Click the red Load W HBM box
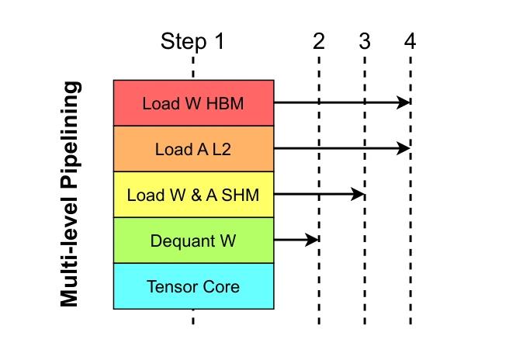pyautogui.click(x=193, y=103)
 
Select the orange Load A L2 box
pyautogui.click(x=193, y=149)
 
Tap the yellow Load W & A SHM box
pyautogui.click(x=193, y=195)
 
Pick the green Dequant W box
pyautogui.click(x=193, y=241)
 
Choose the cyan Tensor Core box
pyautogui.click(x=193, y=286)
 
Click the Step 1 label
pyautogui.click(x=192, y=42)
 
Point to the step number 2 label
pyautogui.click(x=319, y=42)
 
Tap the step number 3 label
pyautogui.click(x=365, y=42)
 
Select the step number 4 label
pyautogui.click(x=410, y=42)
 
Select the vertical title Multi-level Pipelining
pyautogui.click(x=70, y=194)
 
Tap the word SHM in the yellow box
pyautogui.click(x=241, y=195)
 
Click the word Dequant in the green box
pyautogui.click(x=182, y=241)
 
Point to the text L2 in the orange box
pyautogui.click(x=222, y=149)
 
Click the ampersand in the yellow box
pyautogui.click(x=196, y=195)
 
